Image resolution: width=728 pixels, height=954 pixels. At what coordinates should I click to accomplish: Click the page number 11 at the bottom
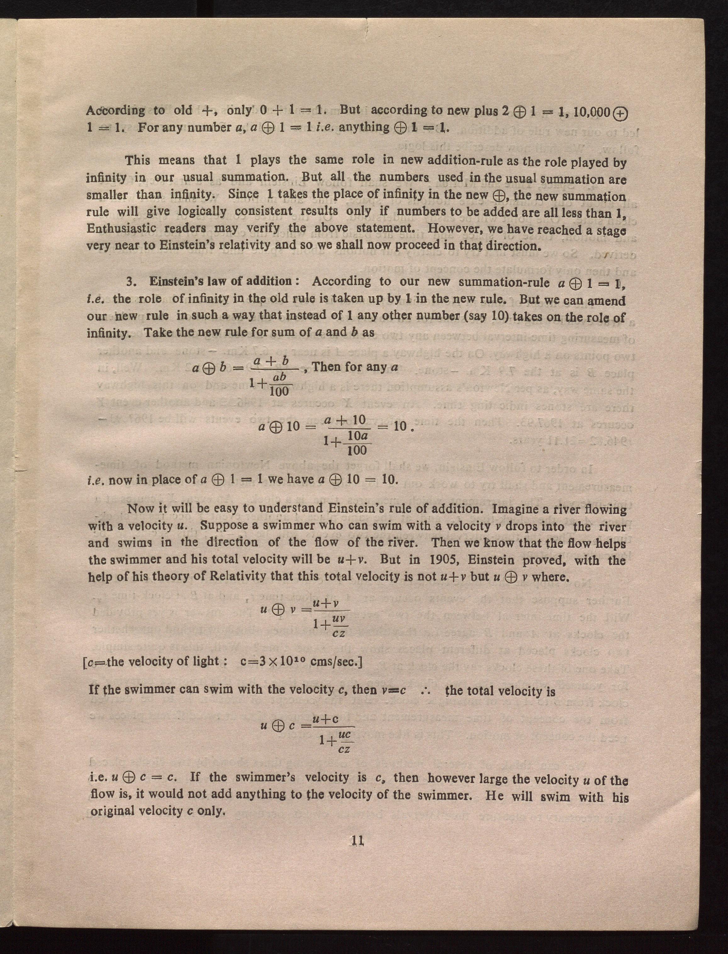[357, 840]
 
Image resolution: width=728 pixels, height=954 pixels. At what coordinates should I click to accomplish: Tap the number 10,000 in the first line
[591, 112]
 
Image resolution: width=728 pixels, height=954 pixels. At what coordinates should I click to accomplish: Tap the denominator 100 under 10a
[357, 450]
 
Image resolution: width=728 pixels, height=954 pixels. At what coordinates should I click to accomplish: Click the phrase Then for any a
[355, 367]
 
